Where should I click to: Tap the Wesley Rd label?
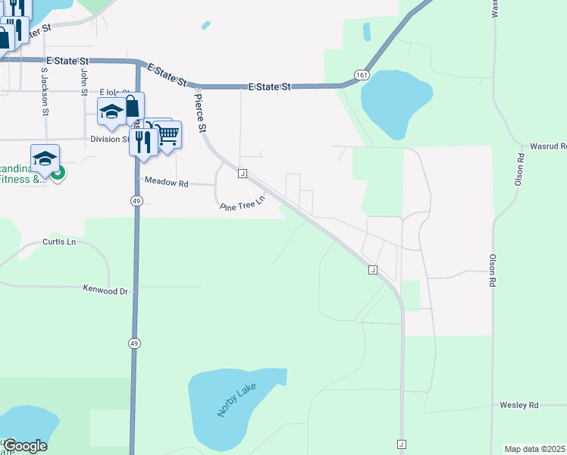point(518,405)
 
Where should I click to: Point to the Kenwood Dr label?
point(108,290)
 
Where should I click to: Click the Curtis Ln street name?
point(60,243)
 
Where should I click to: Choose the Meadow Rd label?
point(166,183)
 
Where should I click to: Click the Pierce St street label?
point(200,112)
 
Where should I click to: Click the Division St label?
point(110,140)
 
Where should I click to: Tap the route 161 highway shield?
point(362,75)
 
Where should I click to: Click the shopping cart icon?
point(168,134)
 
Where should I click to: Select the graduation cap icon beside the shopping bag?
point(111,111)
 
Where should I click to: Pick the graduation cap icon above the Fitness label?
point(45,158)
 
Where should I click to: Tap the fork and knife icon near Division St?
point(143,141)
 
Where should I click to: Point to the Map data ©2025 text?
point(535,449)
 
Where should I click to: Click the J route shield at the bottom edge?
point(401,444)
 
